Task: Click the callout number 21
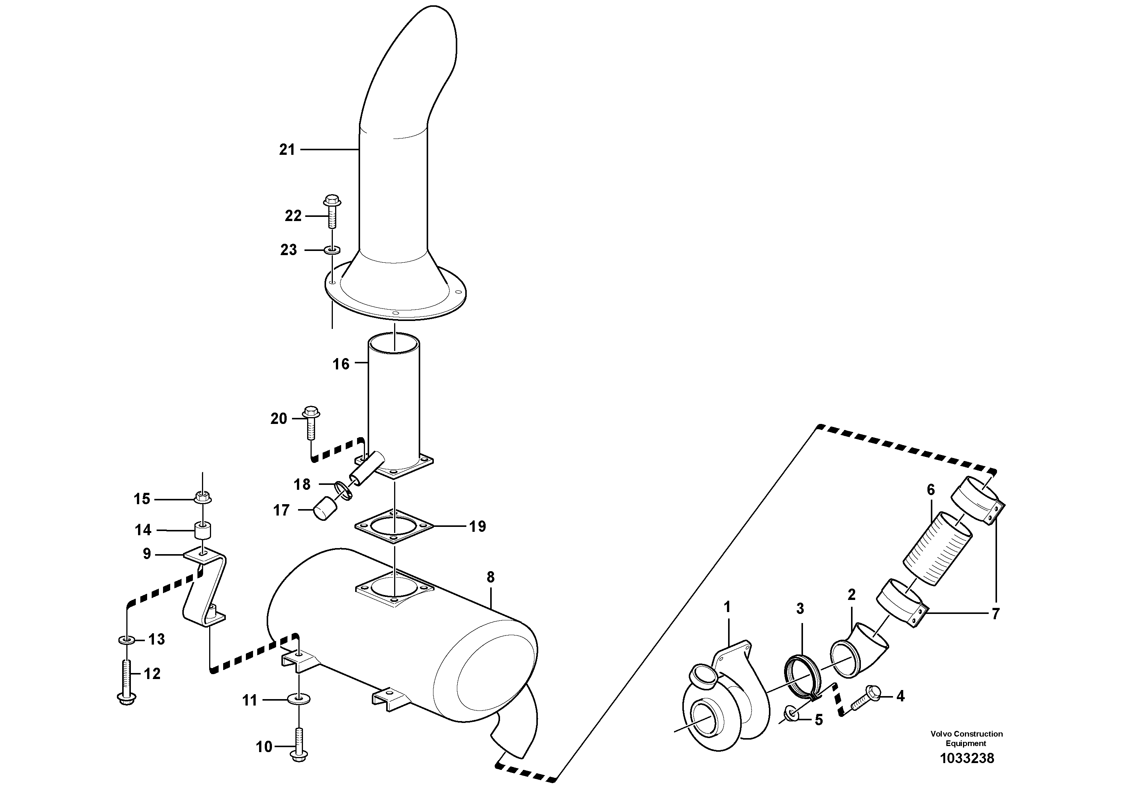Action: [287, 150]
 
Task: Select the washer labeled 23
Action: [332, 250]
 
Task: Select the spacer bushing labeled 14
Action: [202, 530]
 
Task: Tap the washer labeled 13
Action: [127, 640]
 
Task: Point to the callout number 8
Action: [491, 577]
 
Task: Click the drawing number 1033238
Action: [967, 758]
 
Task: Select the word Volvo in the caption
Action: [940, 734]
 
